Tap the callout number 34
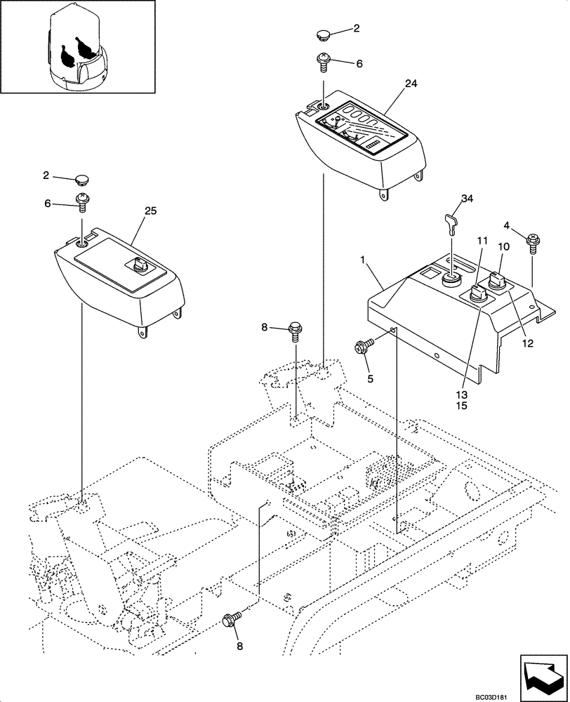click(466, 198)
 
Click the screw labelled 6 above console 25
click(83, 201)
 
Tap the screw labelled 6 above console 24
click(324, 64)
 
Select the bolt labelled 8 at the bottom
click(230, 619)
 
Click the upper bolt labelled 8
click(296, 328)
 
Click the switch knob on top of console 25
click(138, 265)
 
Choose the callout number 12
click(528, 343)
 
